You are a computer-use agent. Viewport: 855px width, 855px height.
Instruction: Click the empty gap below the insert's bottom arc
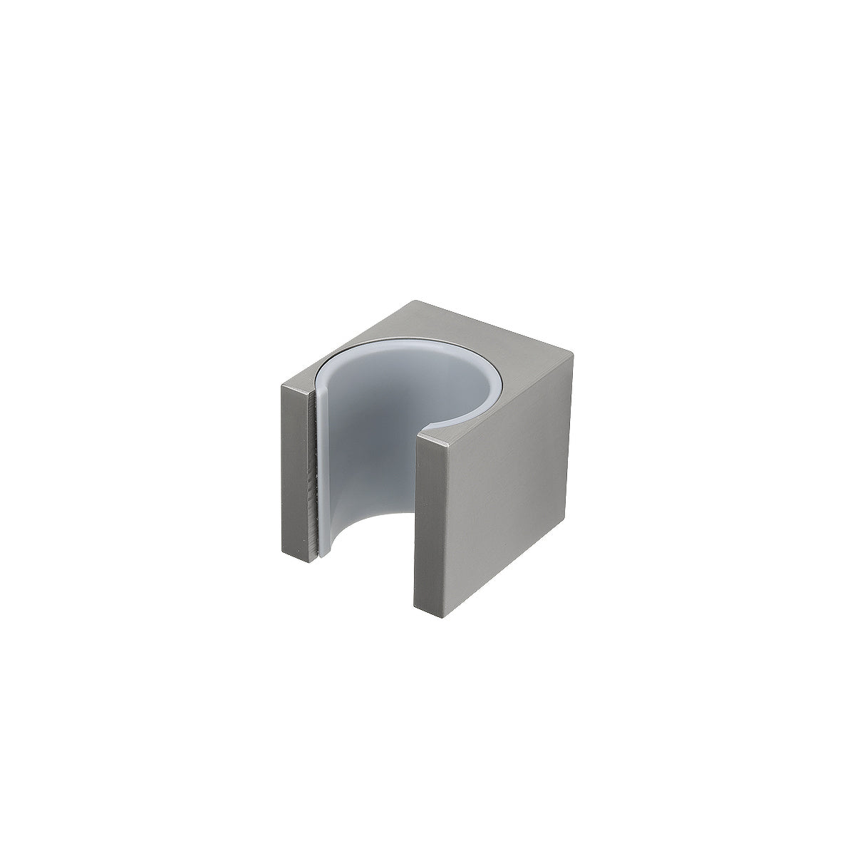370,570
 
